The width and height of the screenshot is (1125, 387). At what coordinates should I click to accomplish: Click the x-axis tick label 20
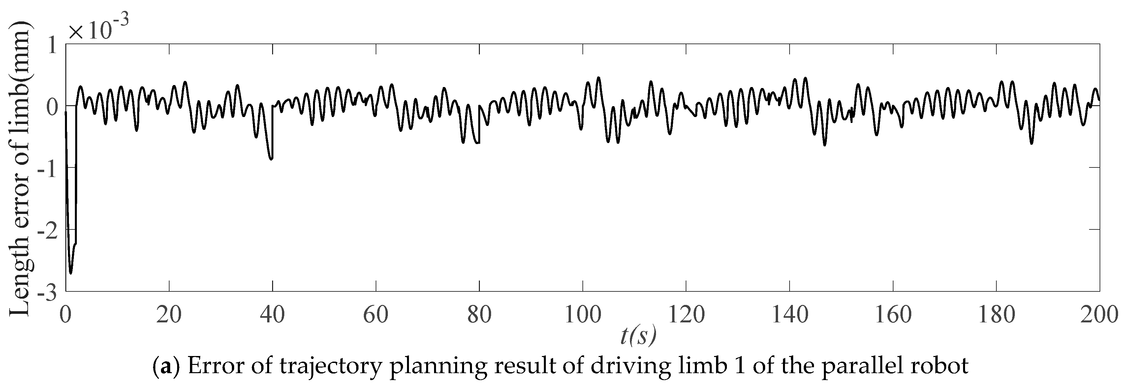pos(169,314)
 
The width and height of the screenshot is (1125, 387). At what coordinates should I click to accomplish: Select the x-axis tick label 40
pos(272,314)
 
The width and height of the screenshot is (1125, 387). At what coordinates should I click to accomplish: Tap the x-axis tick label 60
pos(376,314)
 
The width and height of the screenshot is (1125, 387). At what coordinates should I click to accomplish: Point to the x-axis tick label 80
pos(479,314)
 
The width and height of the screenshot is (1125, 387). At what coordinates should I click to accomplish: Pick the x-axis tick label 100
pos(582,314)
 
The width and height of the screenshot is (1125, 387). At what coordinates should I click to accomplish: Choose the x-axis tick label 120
pos(686,314)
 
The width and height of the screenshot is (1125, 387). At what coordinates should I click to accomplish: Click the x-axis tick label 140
pos(790,314)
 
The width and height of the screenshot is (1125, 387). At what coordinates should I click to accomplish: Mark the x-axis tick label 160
pos(893,314)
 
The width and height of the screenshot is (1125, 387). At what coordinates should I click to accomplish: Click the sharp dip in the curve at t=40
pos(271,159)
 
